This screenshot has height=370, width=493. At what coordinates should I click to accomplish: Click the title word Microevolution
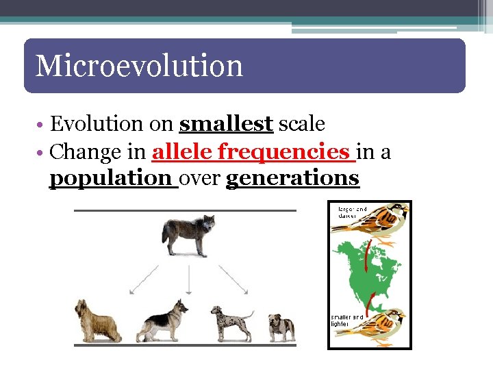(139, 66)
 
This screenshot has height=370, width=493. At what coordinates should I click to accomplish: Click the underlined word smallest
(226, 124)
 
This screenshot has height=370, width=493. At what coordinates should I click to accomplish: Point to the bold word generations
(292, 178)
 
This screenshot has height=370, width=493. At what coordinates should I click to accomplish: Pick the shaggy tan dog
(97, 320)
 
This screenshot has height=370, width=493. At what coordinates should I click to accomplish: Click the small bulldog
(281, 327)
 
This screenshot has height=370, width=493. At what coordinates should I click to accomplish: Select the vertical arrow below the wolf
(188, 280)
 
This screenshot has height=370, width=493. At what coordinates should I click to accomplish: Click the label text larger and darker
(351, 212)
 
